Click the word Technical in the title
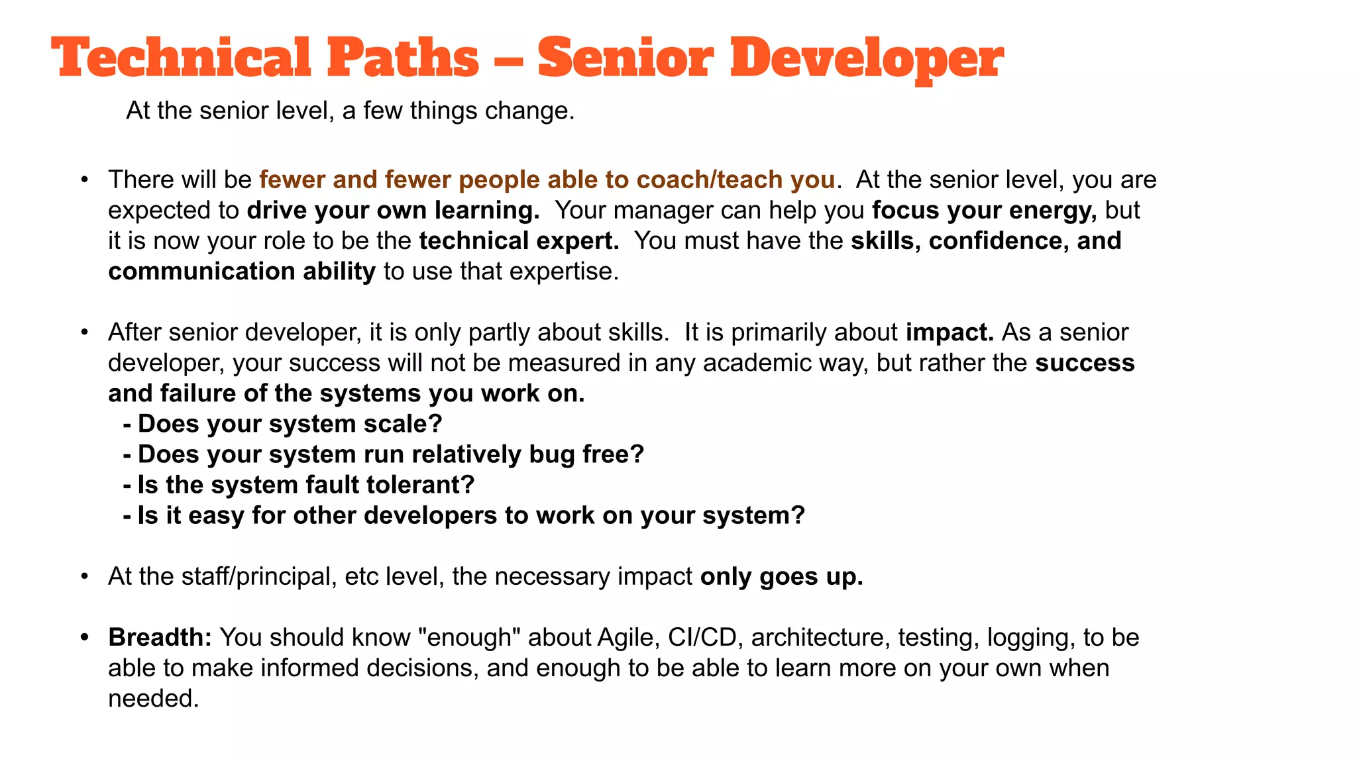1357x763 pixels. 181,58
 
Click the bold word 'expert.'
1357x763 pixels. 577,240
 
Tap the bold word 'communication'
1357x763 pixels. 201,271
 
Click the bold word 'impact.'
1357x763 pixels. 950,332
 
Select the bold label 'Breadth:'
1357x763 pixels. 160,637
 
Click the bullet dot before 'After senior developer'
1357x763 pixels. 84,332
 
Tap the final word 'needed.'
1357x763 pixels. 154,698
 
